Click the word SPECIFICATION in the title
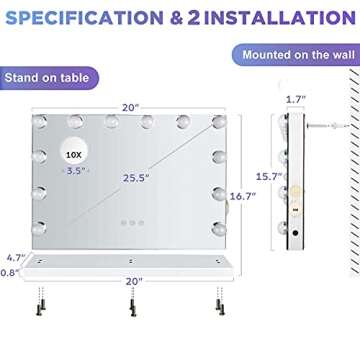[85, 17]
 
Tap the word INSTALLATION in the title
[280, 17]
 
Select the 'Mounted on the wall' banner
[296, 54]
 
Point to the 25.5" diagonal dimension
[136, 178]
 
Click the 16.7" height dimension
[243, 196]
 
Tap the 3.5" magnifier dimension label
[76, 171]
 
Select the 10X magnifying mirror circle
[75, 150]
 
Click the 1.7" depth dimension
[296, 100]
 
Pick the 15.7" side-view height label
[269, 176]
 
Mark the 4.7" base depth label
[16, 258]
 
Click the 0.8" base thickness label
[9, 273]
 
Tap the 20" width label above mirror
[130, 107]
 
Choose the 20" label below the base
[134, 282]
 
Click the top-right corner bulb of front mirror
[219, 122]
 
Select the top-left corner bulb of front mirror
[39, 122]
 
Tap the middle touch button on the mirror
[132, 223]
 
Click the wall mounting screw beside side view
[328, 126]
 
